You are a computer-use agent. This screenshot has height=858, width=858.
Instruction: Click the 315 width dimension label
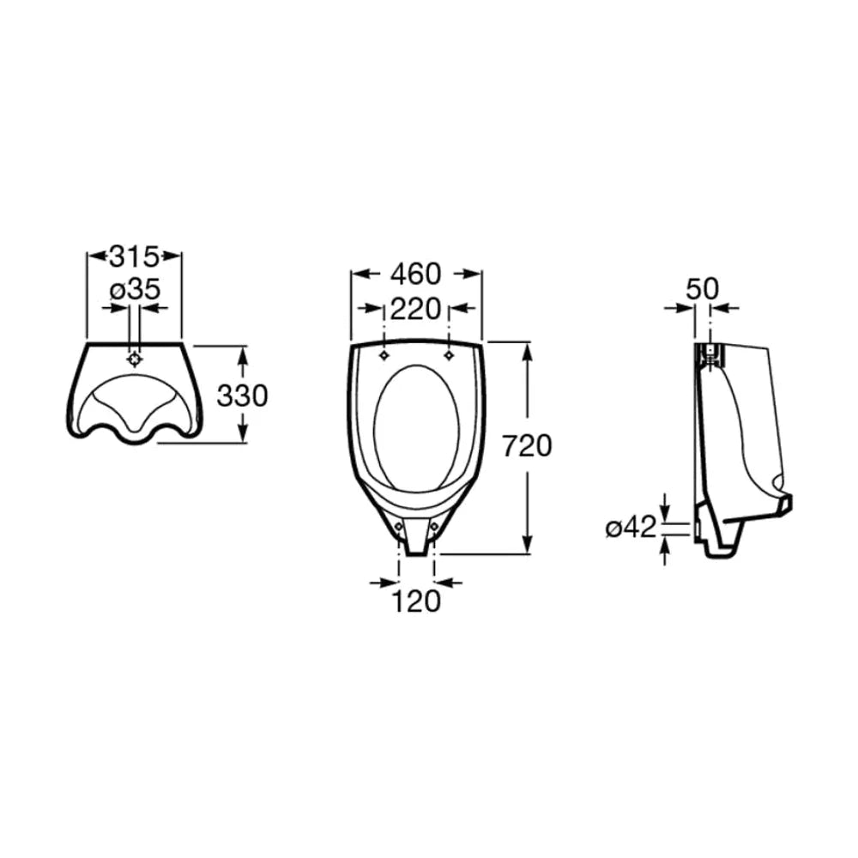pos(135,256)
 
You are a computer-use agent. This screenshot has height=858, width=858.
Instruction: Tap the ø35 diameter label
pos(136,289)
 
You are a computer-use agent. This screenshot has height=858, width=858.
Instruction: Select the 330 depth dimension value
pos(243,395)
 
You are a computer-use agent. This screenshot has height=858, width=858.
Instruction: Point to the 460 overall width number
pos(415,274)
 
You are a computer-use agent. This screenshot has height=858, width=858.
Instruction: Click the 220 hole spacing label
pos(415,309)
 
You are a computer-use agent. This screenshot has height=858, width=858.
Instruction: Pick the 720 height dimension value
pos(527,445)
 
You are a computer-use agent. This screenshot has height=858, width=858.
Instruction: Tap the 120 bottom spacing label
pos(416,601)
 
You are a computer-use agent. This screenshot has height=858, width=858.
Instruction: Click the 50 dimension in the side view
pos(703,288)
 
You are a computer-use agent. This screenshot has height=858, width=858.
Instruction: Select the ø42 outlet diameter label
pos(631,528)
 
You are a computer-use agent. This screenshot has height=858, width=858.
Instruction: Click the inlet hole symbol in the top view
pos(135,360)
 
